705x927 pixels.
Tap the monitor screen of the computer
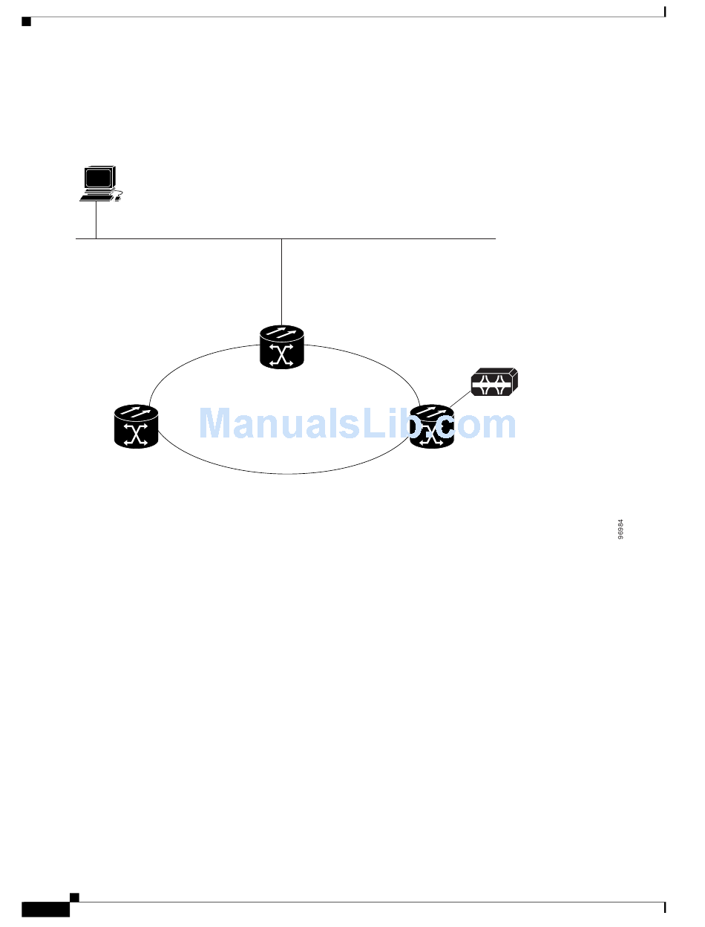[x=98, y=178]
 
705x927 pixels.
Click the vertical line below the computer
[x=96, y=220]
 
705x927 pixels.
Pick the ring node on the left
[x=137, y=426]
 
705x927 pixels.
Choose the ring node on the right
[x=432, y=426]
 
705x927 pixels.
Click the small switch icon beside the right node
[x=494, y=383]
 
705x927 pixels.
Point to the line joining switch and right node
[x=459, y=400]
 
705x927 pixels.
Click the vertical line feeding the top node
[x=282, y=282]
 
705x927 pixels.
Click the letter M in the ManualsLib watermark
[x=215, y=424]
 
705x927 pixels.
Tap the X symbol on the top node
[x=282, y=356]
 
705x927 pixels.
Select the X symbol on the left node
[x=137, y=435]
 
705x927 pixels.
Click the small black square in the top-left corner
[x=26, y=22]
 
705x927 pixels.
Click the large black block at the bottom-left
[x=45, y=910]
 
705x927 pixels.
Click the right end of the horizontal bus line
[x=493, y=239]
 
